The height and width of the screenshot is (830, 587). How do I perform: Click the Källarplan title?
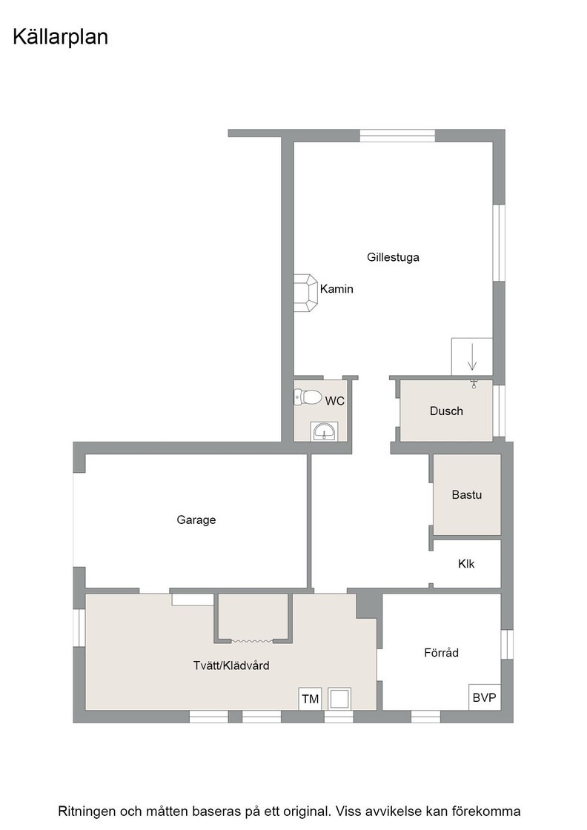tap(60, 37)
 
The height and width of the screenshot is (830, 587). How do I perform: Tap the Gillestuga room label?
tap(393, 257)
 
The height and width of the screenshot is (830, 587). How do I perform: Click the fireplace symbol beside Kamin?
tap(306, 293)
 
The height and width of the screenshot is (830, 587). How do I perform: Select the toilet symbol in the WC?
tap(308, 397)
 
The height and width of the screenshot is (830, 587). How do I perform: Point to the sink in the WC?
tap(323, 431)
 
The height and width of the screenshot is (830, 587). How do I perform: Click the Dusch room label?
tap(446, 411)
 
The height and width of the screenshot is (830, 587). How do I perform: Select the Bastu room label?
tap(467, 495)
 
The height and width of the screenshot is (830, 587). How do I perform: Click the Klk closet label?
tap(466, 564)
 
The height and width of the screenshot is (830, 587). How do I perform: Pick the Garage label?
tap(196, 520)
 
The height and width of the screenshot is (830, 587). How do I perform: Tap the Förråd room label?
tap(442, 653)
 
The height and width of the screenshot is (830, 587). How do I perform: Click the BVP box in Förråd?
tap(484, 697)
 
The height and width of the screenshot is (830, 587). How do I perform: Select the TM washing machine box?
tap(310, 699)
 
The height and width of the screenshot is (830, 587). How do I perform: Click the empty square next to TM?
tap(339, 699)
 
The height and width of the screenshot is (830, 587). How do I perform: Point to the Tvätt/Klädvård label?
tap(231, 666)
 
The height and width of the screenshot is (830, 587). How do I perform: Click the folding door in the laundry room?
tap(252, 641)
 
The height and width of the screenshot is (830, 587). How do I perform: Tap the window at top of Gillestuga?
tap(397, 136)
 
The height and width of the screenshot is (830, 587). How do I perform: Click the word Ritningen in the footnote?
tap(86, 811)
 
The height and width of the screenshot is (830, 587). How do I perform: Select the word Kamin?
tap(336, 289)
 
